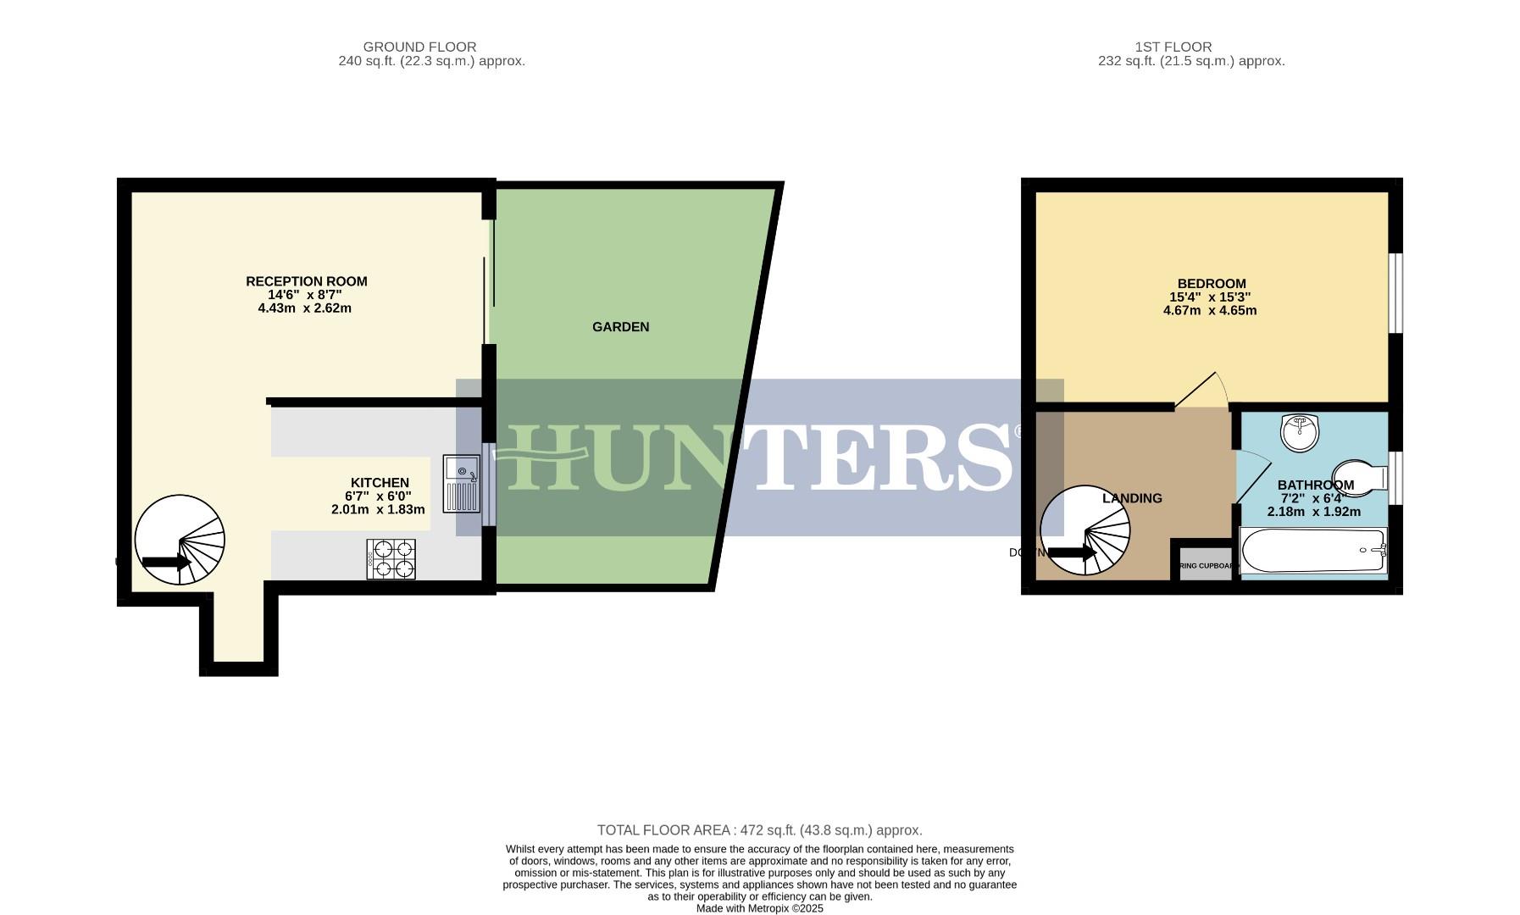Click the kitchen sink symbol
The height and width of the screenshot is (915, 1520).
pos(462,484)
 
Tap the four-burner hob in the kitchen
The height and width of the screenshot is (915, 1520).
pos(391,559)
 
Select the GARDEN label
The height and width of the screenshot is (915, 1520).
pos(620,327)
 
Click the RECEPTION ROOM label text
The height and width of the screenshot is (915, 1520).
pos(306,281)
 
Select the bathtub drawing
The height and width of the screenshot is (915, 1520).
pos(1312,551)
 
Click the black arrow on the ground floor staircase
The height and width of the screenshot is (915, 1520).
pos(165,562)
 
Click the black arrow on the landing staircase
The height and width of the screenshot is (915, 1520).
pos(1072,553)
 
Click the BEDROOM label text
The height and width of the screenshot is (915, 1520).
pos(1211,284)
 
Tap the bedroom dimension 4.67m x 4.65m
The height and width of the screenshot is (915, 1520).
pos(1209,311)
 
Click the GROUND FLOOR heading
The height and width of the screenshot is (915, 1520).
pos(419,47)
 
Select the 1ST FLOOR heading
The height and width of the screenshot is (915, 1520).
pos(1173,47)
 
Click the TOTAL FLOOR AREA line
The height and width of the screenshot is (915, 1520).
pos(759,830)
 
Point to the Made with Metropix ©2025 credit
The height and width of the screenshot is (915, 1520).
pos(759,908)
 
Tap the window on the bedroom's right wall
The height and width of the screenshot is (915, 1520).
pos(1395,292)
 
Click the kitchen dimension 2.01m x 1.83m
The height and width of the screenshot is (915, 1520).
pos(378,510)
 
